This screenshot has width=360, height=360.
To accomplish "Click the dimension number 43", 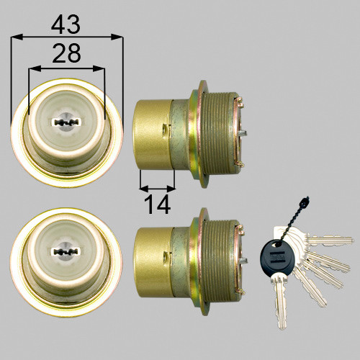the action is (66, 24).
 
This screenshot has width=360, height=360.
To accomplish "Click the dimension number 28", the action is (66, 53).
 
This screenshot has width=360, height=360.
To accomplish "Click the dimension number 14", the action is (157, 204).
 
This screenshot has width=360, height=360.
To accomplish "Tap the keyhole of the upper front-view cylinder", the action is (66, 122).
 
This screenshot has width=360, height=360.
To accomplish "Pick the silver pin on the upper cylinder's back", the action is (243, 132).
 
